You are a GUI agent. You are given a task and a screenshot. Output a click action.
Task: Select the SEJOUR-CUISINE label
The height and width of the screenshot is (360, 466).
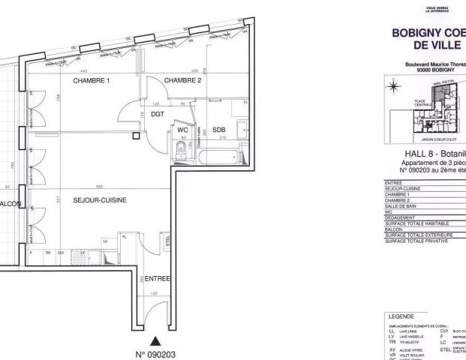point(99,200)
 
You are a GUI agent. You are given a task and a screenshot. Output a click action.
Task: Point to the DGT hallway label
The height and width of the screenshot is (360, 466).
point(157,115)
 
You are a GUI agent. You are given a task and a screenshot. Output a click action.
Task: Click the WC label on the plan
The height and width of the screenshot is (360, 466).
point(182,128)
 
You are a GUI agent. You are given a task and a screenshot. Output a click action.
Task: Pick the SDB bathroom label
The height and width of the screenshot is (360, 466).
point(218,128)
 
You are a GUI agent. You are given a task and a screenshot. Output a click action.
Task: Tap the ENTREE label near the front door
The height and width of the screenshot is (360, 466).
point(158,278)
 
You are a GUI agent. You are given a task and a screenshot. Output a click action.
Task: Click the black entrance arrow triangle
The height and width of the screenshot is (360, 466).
point(155,339)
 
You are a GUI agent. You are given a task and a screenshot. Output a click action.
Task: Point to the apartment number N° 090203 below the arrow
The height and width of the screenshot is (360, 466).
point(155,353)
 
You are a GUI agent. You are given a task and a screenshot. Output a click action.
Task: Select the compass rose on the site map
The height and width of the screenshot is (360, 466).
point(392,87)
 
